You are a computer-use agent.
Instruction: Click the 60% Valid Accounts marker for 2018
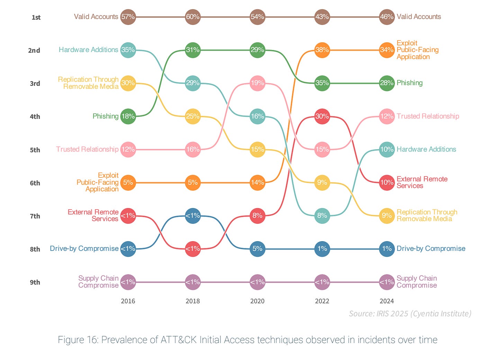[192, 17]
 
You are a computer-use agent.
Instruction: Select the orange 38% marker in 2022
[322, 50]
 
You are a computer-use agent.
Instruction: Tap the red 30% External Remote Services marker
[322, 116]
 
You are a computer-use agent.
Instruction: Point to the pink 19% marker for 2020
[257, 83]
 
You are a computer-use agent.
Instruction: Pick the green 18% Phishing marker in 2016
[128, 116]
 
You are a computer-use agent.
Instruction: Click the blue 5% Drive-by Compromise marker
[257, 249]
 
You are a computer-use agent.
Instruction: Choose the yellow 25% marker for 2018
[192, 116]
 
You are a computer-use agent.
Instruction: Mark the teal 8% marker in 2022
[322, 216]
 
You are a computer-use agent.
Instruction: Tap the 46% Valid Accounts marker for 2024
[387, 17]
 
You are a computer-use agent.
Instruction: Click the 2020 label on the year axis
[257, 301]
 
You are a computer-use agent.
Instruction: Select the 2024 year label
[387, 301]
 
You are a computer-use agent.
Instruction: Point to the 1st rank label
[36, 17]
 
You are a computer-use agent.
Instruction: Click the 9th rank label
[35, 282]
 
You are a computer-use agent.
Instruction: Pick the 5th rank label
[35, 150]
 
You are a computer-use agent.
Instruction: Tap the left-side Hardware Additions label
[88, 50]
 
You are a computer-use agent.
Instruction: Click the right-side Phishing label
[409, 83]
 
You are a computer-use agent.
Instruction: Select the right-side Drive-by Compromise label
[431, 249]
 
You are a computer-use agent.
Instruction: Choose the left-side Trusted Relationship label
[87, 149]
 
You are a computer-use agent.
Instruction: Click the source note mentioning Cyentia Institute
[410, 314]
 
